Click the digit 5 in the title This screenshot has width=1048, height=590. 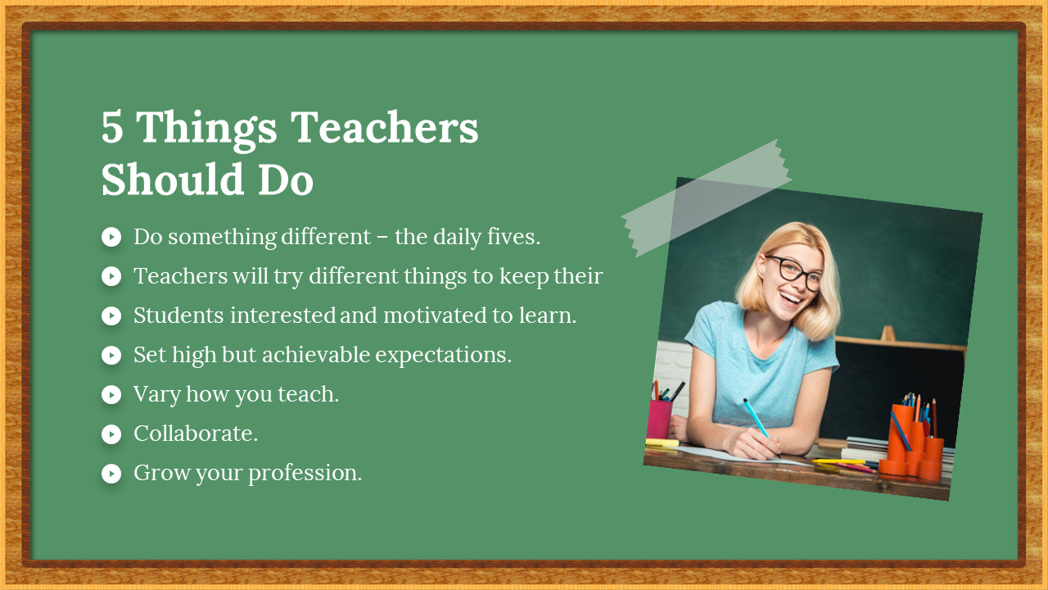point(112,127)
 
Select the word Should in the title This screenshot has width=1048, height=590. point(172,179)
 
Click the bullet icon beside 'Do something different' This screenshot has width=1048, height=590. point(111,237)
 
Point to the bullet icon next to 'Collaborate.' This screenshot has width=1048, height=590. point(111,434)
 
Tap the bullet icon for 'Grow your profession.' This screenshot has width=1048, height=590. point(111,474)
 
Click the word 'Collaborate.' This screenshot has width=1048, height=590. point(196,433)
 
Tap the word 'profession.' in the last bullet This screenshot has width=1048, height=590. point(305,474)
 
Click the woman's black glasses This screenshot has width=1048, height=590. point(794,273)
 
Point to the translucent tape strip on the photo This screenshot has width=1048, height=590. point(707,198)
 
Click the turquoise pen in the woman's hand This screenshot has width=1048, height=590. point(761,427)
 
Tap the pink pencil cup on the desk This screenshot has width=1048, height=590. point(659,419)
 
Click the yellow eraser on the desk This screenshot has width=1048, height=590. point(662,443)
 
